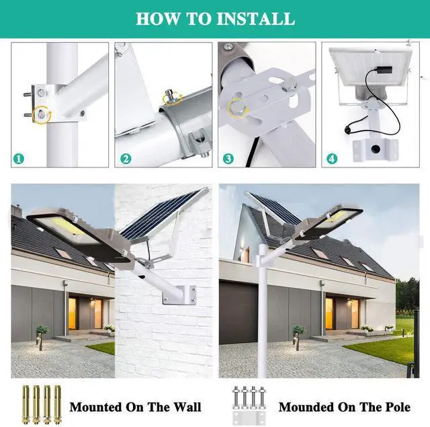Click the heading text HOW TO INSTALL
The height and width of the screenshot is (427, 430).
(215, 18)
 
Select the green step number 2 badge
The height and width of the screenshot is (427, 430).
(125, 160)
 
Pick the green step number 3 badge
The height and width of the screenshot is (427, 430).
(228, 160)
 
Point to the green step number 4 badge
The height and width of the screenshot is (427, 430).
(332, 160)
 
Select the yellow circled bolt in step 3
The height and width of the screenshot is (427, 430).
(239, 108)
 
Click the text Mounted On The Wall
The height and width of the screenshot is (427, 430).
(135, 407)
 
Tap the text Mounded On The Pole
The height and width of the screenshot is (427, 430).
(344, 407)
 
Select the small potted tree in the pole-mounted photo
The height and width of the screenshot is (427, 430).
(299, 331)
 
